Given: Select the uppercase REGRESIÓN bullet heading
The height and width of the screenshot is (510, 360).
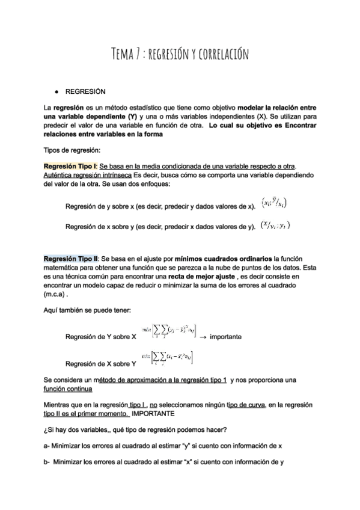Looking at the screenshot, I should [x=85, y=92].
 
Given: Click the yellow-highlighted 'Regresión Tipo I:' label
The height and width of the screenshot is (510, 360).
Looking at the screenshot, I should [x=70, y=166].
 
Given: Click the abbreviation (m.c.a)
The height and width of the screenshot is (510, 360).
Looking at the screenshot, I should [x=59, y=295].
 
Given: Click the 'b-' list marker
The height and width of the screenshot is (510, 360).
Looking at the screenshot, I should [x=47, y=462].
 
